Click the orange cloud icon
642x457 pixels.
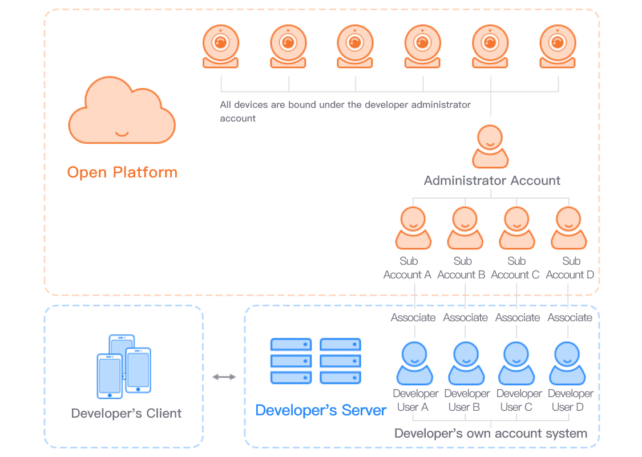coord(122,111)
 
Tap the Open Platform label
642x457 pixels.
coord(122,172)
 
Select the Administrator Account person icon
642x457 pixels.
coord(490,147)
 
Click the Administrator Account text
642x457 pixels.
coord(492,181)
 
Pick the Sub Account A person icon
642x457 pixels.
coord(413,228)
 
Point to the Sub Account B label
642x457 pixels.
coord(462,268)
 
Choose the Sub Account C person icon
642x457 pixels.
coord(516,228)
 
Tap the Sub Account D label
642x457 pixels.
coord(570,268)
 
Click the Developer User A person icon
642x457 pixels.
coord(414,363)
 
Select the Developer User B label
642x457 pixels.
coord(467,400)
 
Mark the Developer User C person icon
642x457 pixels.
coord(516,363)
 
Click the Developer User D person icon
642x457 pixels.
coord(567,363)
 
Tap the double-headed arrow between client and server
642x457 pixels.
coord(224,377)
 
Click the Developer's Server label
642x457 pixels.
coord(321,410)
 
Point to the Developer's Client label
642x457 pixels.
coord(126,413)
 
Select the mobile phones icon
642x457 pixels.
coord(124,366)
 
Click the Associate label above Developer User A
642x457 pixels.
coord(413,317)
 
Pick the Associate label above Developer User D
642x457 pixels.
coord(570,317)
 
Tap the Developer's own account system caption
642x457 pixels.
coord(491,433)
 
